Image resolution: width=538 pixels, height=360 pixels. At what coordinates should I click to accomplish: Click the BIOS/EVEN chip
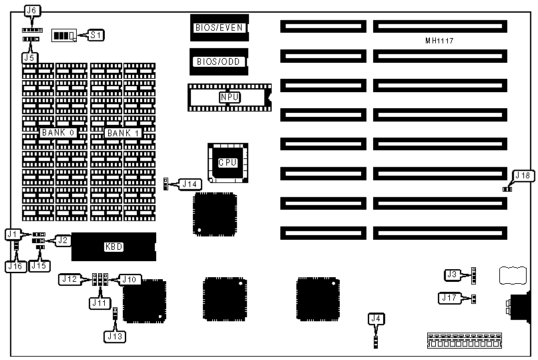pos(219,28)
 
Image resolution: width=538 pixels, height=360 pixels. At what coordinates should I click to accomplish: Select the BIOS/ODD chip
pos(219,61)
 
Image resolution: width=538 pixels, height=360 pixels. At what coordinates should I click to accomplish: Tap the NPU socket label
pos(229,98)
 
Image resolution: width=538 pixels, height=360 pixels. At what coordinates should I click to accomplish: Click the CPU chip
pos(228,162)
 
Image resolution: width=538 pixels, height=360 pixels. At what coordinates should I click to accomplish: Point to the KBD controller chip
pos(113,246)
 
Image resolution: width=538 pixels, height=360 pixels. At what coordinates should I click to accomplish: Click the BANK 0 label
pos(57,133)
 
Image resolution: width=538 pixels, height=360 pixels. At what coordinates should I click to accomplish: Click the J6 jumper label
pos(31,10)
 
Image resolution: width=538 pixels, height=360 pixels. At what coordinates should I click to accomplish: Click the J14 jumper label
pos(191,184)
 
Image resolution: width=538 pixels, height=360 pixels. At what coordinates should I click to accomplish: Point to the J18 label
pos(523,176)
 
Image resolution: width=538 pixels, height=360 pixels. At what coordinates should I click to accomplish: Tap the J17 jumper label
pos(449,298)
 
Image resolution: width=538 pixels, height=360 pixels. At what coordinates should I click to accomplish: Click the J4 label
pos(376,319)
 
